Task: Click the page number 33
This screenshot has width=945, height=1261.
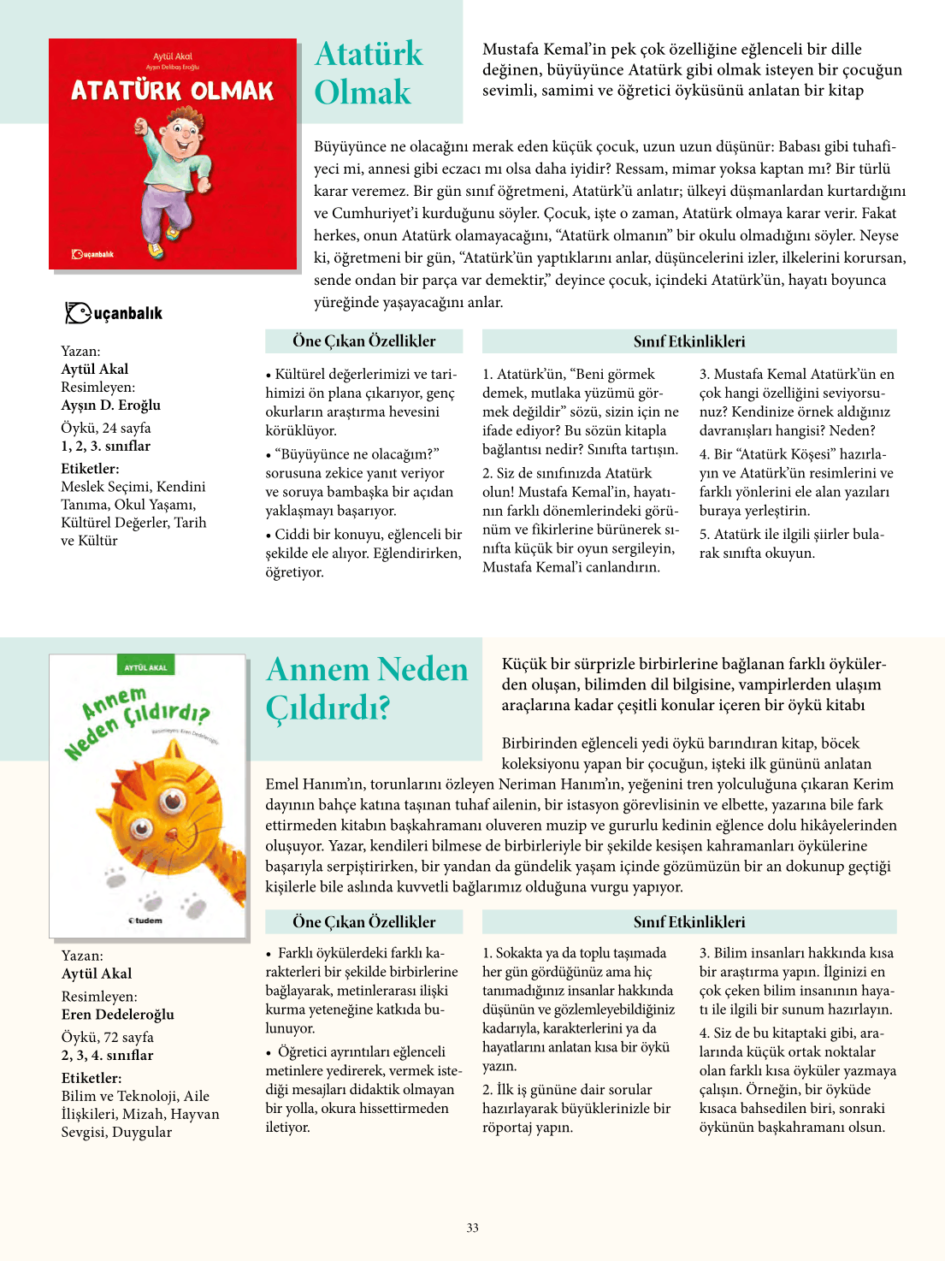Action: pyautogui.click(x=472, y=1228)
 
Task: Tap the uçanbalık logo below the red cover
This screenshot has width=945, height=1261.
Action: pyautogui.click(x=114, y=313)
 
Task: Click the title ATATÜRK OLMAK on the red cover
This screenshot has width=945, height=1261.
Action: pyautogui.click(x=172, y=91)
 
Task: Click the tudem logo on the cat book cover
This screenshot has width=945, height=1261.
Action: pyautogui.click(x=145, y=921)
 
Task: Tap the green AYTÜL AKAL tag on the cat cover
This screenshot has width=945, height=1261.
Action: pyautogui.click(x=146, y=667)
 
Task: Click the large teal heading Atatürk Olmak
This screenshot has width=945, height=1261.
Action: pyautogui.click(x=368, y=73)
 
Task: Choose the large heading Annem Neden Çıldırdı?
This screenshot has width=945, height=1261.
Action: pyautogui.click(x=367, y=688)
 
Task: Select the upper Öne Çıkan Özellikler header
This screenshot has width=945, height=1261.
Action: pyautogui.click(x=363, y=341)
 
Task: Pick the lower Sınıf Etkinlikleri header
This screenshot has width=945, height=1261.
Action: pyautogui.click(x=688, y=922)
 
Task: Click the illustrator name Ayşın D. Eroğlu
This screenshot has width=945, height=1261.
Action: pyautogui.click(x=111, y=405)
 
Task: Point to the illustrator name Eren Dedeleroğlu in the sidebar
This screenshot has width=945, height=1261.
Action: pyautogui.click(x=117, y=1014)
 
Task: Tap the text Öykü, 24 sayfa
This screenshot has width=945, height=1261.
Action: pyautogui.click(x=106, y=428)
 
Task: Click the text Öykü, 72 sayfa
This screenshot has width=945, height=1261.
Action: pyautogui.click(x=108, y=1037)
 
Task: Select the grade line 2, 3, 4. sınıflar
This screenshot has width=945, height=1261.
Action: pyautogui.click(x=107, y=1055)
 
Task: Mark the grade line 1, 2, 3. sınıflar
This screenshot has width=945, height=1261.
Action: pyautogui.click(x=105, y=446)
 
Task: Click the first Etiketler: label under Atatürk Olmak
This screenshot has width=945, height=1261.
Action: pyautogui.click(x=90, y=468)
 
